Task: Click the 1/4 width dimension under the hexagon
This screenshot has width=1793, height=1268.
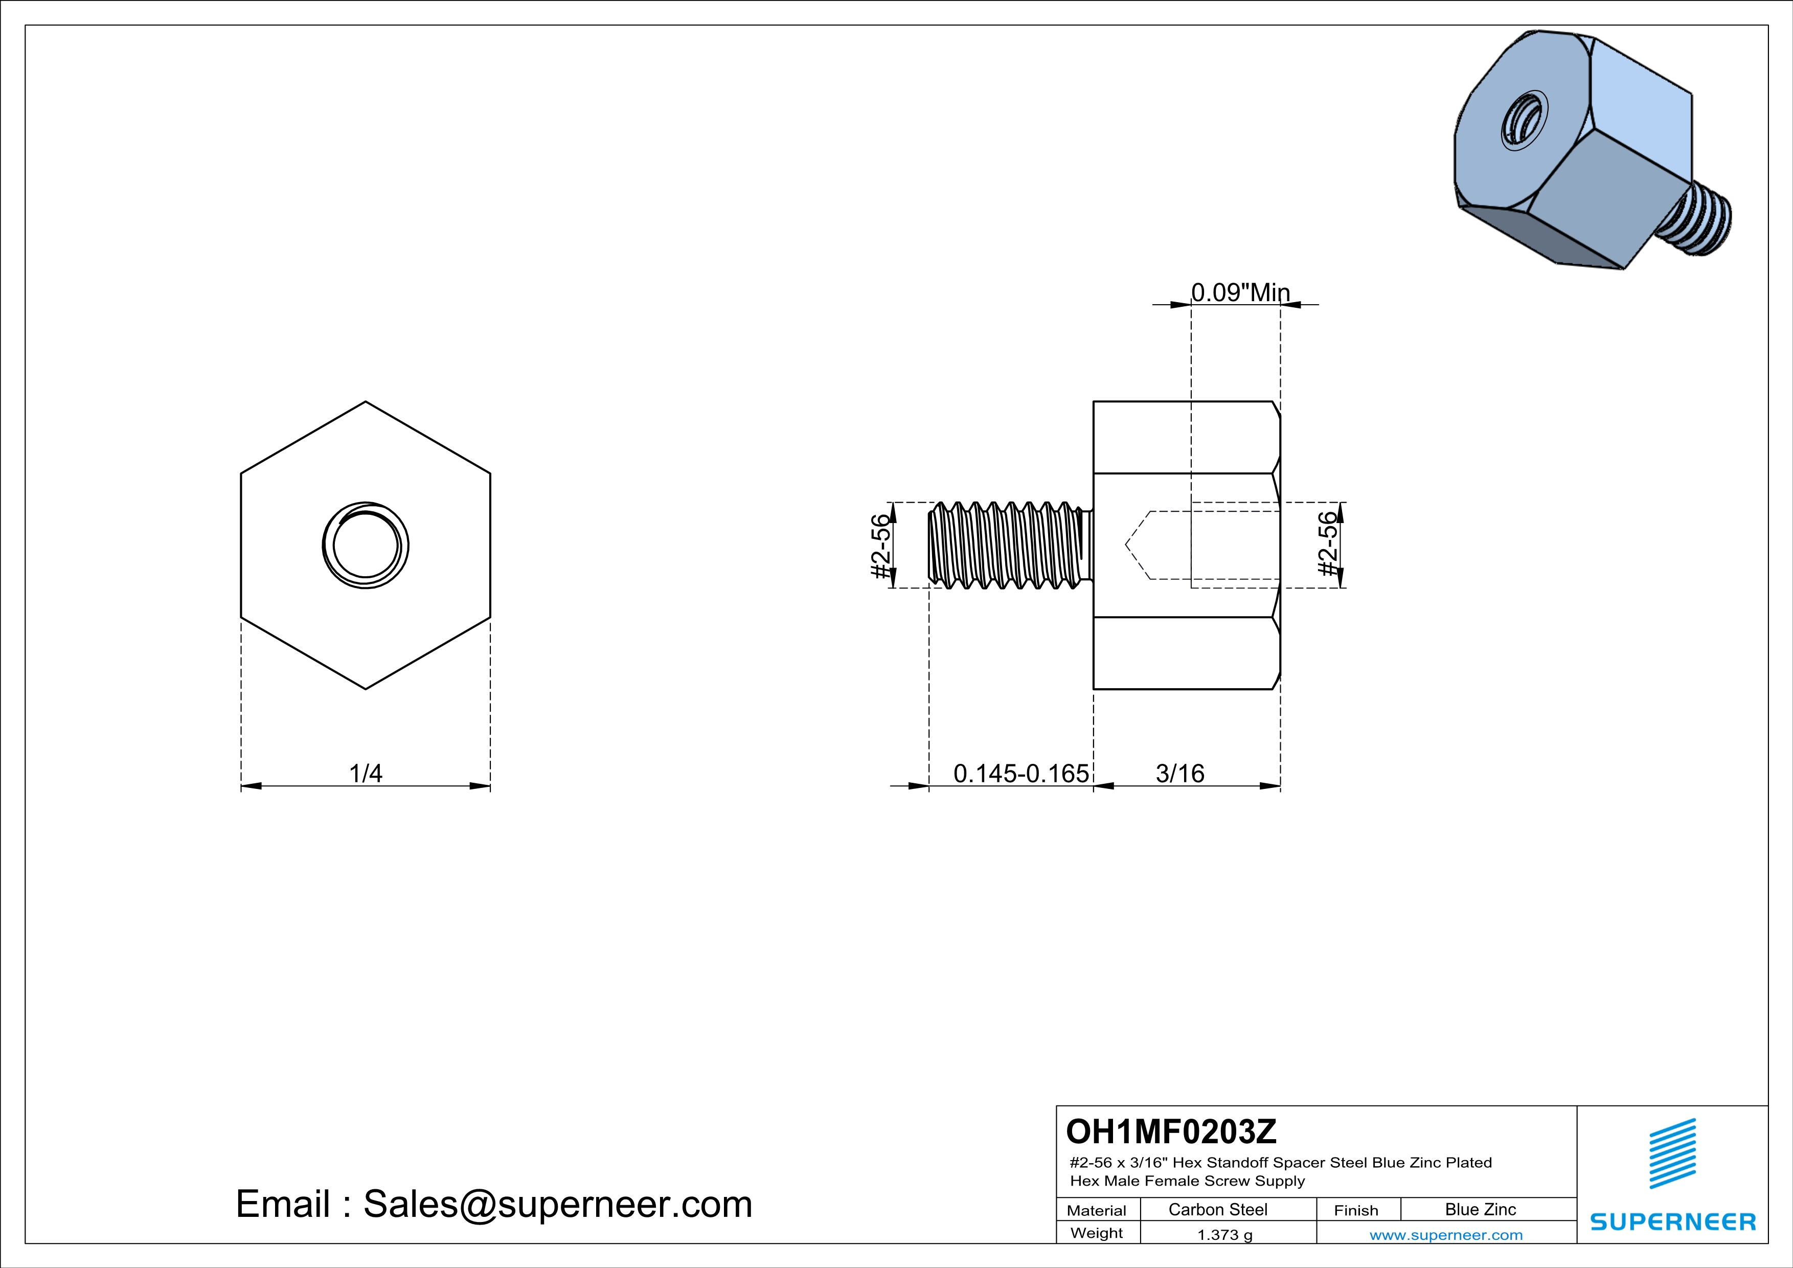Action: [366, 773]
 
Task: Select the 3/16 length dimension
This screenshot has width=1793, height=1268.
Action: [1180, 773]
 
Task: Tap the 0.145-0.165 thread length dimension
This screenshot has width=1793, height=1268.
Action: [1020, 773]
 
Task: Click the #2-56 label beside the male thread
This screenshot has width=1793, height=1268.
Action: [880, 547]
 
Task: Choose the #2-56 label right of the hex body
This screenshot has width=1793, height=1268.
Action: [1328, 544]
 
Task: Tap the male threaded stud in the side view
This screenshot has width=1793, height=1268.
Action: [1007, 545]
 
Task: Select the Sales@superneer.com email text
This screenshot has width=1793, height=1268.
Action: [558, 1203]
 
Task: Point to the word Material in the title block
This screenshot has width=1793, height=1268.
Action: [1097, 1210]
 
